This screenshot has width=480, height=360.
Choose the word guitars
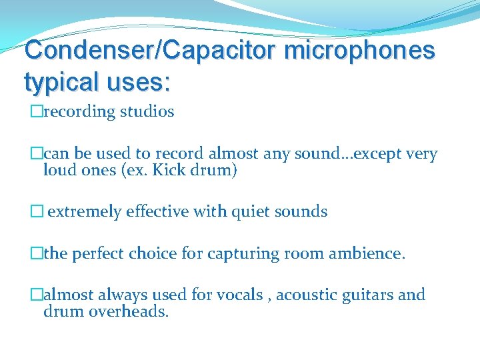[370, 295]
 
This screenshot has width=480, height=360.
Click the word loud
[58, 170]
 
